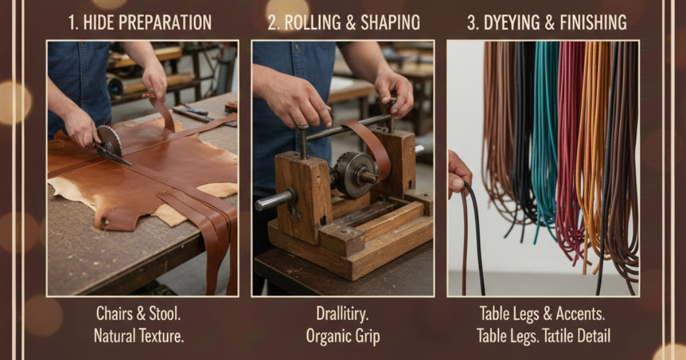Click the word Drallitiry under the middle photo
click(x=342, y=314)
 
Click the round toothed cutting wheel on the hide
click(x=110, y=141)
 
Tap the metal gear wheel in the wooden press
click(x=355, y=174)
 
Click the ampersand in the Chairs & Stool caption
click(x=141, y=314)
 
